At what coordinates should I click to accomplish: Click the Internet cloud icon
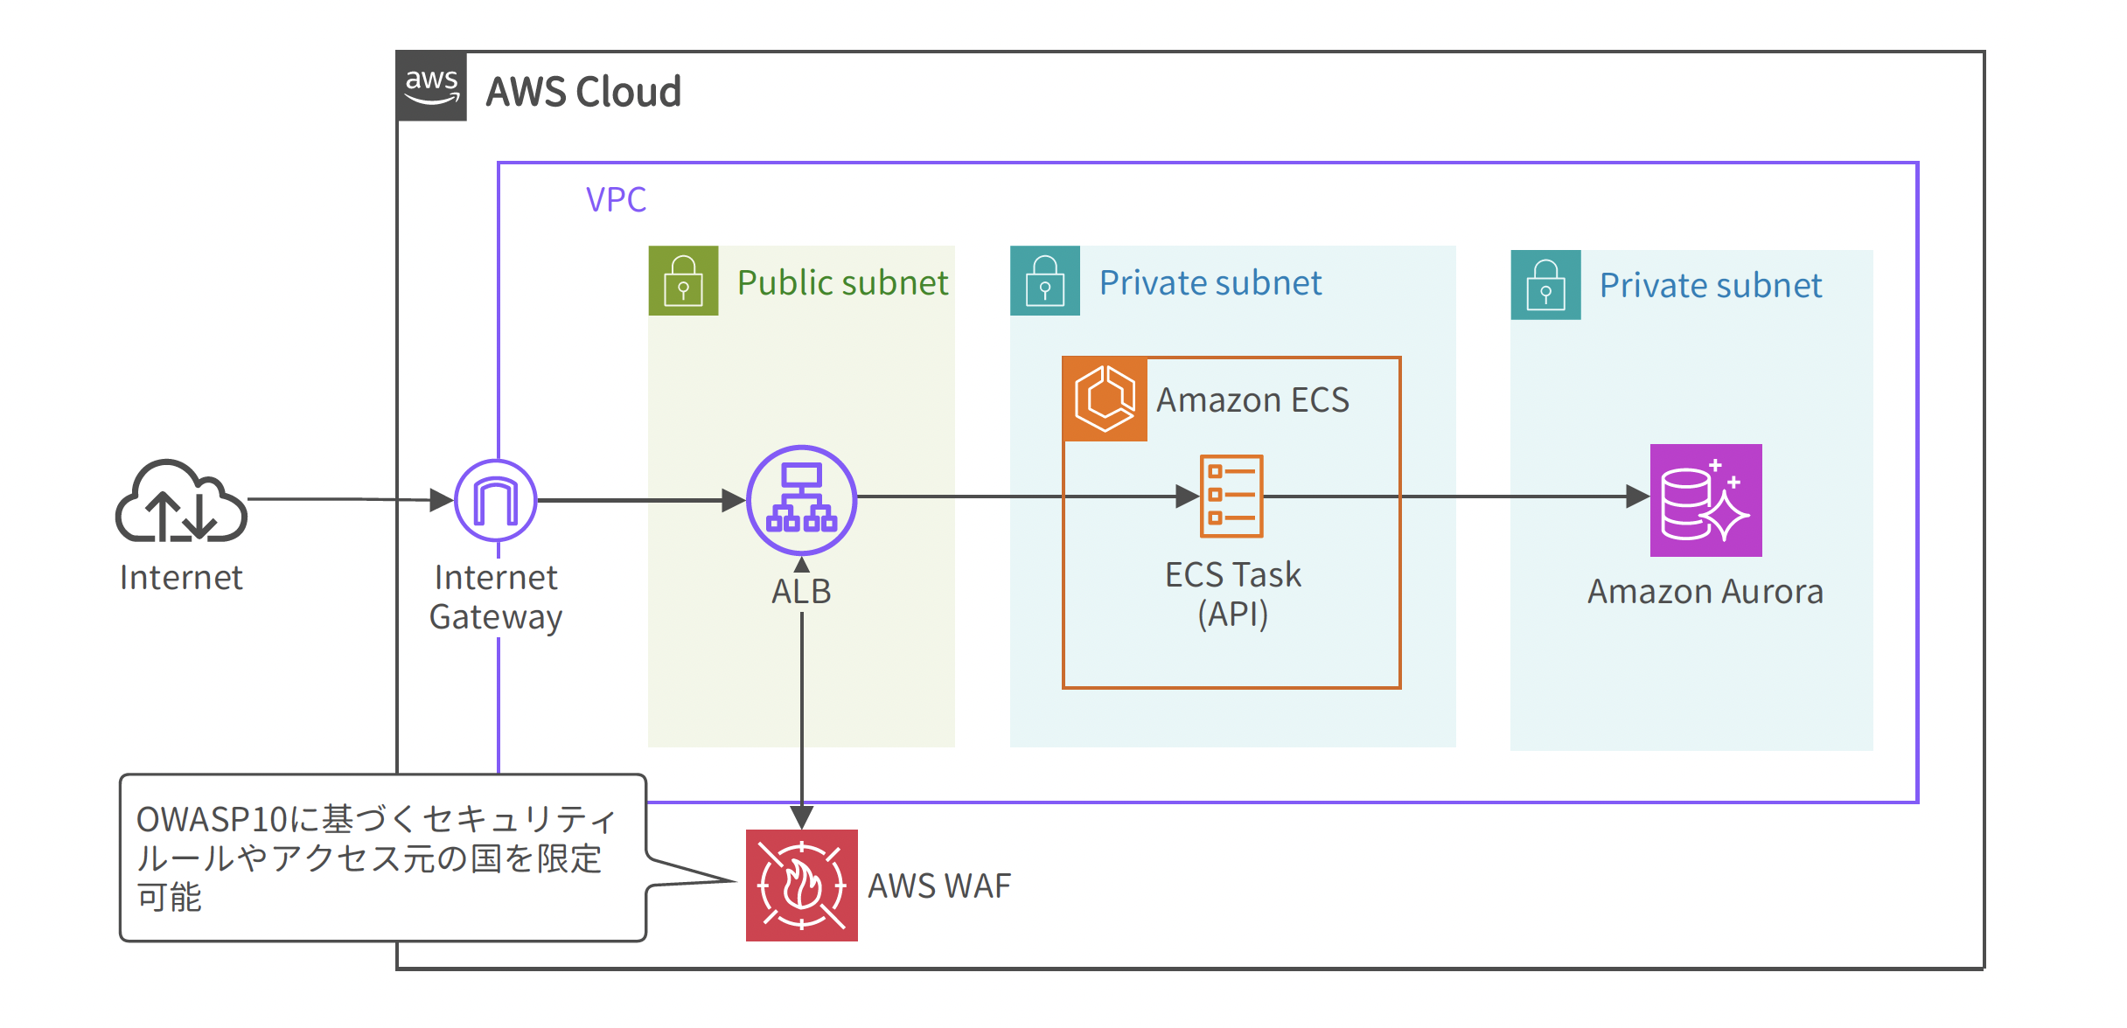[181, 503]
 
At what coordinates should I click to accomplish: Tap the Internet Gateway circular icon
[496, 501]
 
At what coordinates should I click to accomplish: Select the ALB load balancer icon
[801, 500]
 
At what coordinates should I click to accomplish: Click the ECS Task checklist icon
[1231, 496]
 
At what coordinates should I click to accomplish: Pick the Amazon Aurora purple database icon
[1705, 500]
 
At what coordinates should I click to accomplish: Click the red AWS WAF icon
[801, 885]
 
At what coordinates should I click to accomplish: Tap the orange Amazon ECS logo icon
[1105, 399]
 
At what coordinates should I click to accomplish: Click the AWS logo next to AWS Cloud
[432, 87]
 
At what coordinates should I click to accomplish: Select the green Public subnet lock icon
[683, 281]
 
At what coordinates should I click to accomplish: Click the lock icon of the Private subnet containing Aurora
[1545, 285]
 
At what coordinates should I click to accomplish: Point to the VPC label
[616, 200]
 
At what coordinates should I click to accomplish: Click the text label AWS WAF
[938, 886]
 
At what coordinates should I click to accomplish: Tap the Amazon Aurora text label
[1705, 592]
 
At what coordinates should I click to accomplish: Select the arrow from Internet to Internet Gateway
[350, 499]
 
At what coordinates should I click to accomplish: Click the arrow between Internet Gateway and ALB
[638, 501]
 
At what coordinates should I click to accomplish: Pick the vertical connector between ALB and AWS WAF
[802, 699]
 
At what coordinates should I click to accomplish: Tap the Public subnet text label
[841, 282]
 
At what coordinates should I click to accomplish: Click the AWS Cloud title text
[583, 92]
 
